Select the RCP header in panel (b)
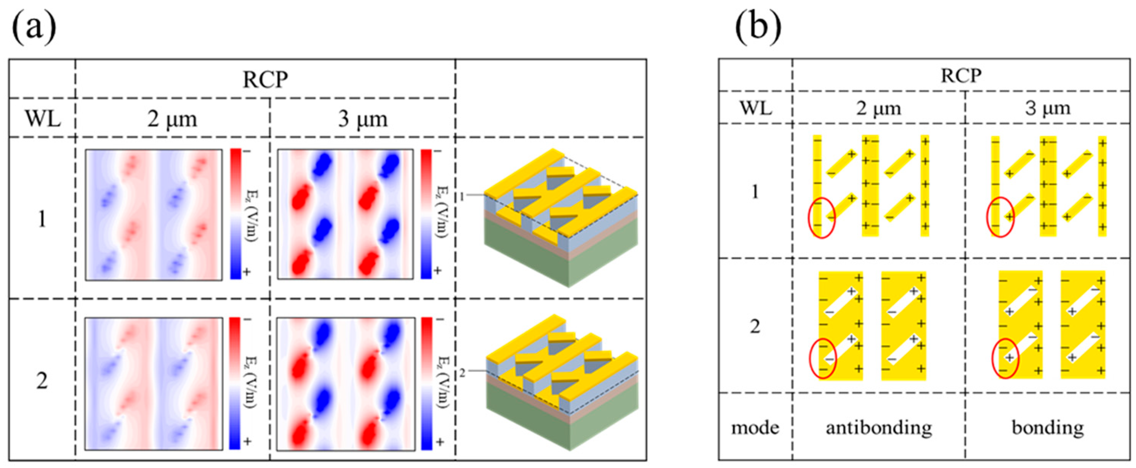(x=961, y=76)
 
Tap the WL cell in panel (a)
(x=42, y=118)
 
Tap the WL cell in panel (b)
(x=755, y=107)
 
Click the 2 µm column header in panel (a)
(x=172, y=118)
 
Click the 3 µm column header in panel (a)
(x=362, y=118)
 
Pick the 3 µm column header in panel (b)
(x=1047, y=107)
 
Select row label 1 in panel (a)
(x=42, y=219)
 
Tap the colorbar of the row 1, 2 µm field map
(x=236, y=214)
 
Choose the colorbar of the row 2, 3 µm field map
(x=426, y=383)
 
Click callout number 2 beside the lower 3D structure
(x=462, y=373)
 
